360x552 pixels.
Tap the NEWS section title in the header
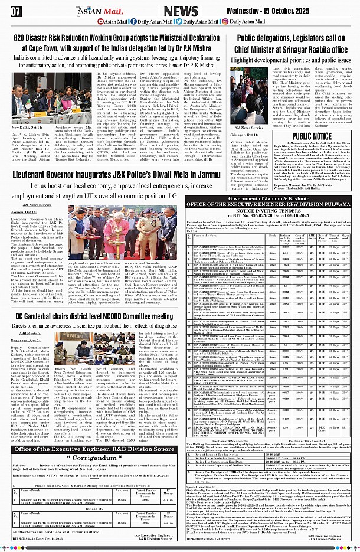pos(181,10)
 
